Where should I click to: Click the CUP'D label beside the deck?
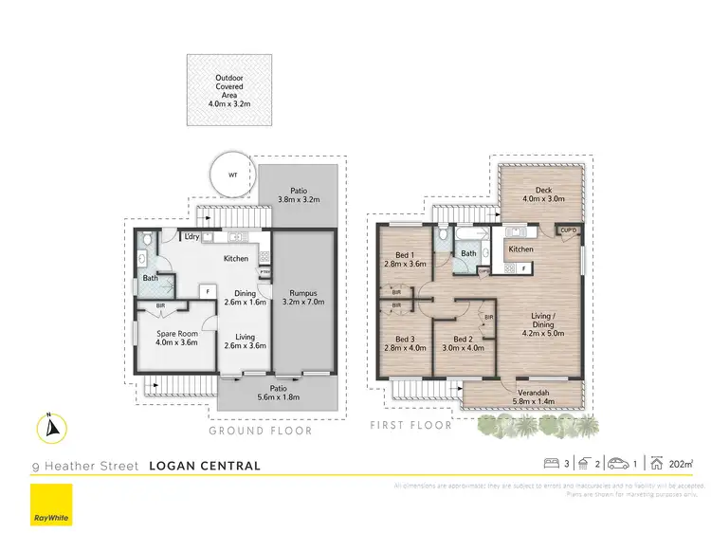click(568, 230)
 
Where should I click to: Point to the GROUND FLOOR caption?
click(260, 431)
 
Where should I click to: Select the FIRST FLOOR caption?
click(411, 425)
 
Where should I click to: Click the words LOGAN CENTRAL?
click(205, 466)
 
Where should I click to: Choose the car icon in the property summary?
click(618, 465)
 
